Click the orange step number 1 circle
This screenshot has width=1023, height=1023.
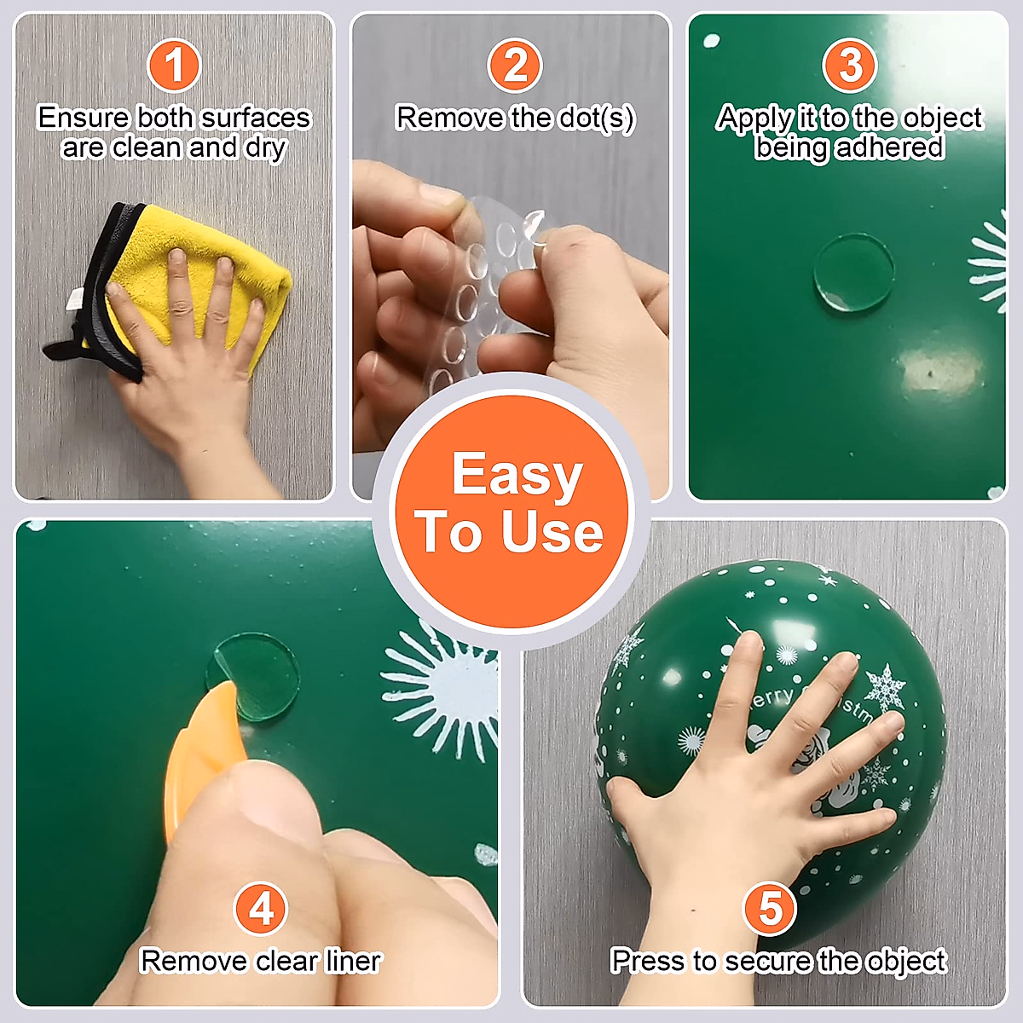(173, 66)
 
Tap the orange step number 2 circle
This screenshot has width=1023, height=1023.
(514, 66)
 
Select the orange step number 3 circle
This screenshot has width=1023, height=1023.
(849, 66)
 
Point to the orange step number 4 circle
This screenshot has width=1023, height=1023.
(261, 908)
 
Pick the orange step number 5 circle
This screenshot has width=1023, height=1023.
(769, 908)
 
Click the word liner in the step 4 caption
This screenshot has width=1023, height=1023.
(353, 961)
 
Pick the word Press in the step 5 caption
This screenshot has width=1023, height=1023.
(649, 961)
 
